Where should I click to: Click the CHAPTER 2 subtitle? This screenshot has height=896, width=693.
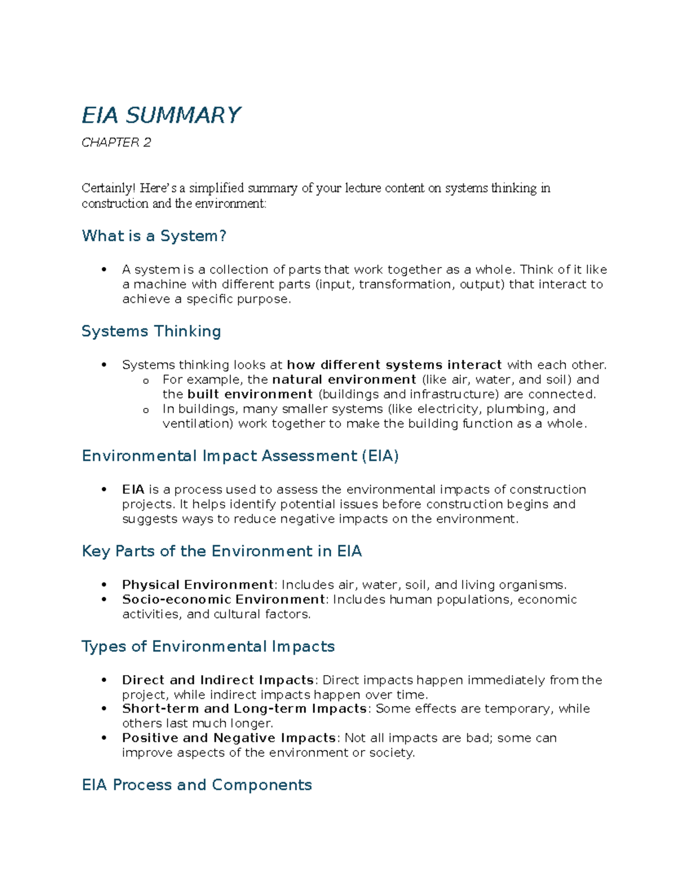coord(116,143)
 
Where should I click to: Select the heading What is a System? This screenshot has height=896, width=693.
coord(154,236)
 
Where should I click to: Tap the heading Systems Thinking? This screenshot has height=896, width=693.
coord(151,331)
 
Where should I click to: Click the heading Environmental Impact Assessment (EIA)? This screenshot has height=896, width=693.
coord(240,456)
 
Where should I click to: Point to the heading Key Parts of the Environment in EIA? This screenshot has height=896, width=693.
coord(222,551)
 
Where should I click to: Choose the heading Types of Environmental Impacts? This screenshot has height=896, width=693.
coord(208,646)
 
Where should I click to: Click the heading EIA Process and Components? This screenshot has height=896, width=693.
coord(197,785)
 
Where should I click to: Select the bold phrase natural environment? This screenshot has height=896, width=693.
coord(344,380)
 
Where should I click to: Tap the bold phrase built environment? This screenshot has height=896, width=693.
coord(250,394)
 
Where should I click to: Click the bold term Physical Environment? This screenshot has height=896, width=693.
coord(198,584)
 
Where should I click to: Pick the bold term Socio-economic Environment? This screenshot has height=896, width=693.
coord(223,599)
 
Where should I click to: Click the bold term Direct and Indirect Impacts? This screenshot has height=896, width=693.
coord(218,680)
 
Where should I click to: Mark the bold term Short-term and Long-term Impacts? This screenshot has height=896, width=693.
coord(244,708)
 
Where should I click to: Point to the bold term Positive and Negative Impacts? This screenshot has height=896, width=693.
coord(229,738)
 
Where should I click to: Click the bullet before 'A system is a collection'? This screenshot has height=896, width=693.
coord(104,270)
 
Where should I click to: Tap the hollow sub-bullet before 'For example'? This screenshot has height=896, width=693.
coord(146,381)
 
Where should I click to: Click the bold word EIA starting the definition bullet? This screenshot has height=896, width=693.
coord(133,489)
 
